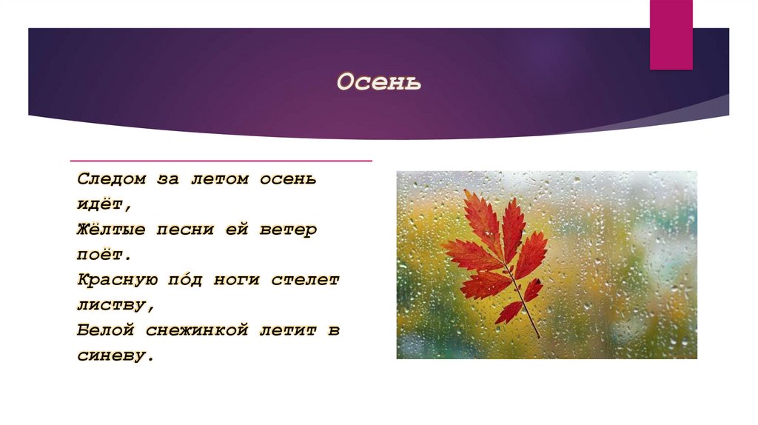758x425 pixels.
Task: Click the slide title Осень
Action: (379, 82)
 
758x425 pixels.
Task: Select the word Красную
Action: (115, 280)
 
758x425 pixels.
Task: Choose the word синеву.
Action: (115, 355)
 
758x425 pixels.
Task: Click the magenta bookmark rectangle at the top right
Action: (671, 34)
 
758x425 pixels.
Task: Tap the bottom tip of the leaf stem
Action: (539, 338)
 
